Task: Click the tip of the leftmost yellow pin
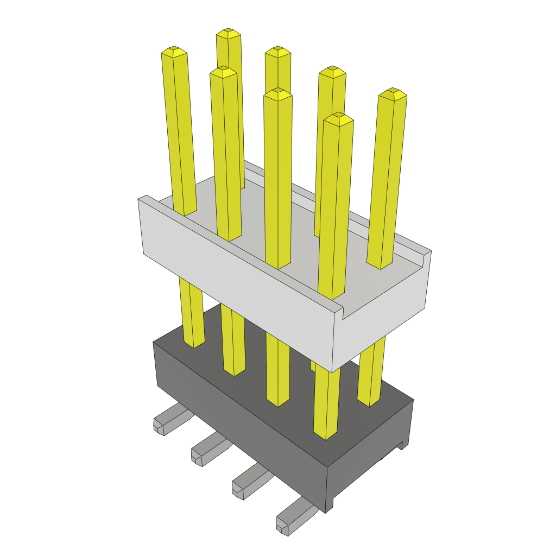174,52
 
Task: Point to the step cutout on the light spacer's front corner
342,312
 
